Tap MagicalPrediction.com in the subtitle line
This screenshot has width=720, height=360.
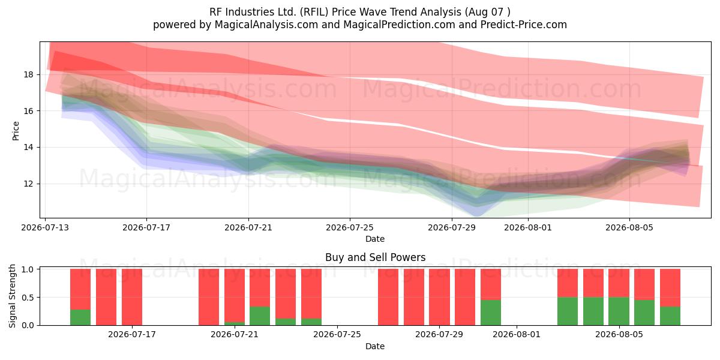399,25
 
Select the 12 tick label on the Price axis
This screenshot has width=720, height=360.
28,184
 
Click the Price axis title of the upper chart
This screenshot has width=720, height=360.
16,131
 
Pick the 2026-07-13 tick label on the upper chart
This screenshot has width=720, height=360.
45,227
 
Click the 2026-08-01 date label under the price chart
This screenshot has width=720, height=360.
528,227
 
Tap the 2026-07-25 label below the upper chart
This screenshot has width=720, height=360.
350,227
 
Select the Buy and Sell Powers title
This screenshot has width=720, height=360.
375,257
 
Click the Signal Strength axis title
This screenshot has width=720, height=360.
12,296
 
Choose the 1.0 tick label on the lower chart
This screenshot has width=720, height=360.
28,269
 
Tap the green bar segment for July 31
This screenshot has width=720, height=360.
491,313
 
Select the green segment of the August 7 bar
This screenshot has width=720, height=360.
670,316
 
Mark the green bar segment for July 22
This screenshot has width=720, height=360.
260,316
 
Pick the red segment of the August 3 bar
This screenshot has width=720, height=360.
568,283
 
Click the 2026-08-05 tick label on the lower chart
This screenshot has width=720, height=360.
619,335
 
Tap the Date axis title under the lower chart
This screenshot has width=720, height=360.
375,346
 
